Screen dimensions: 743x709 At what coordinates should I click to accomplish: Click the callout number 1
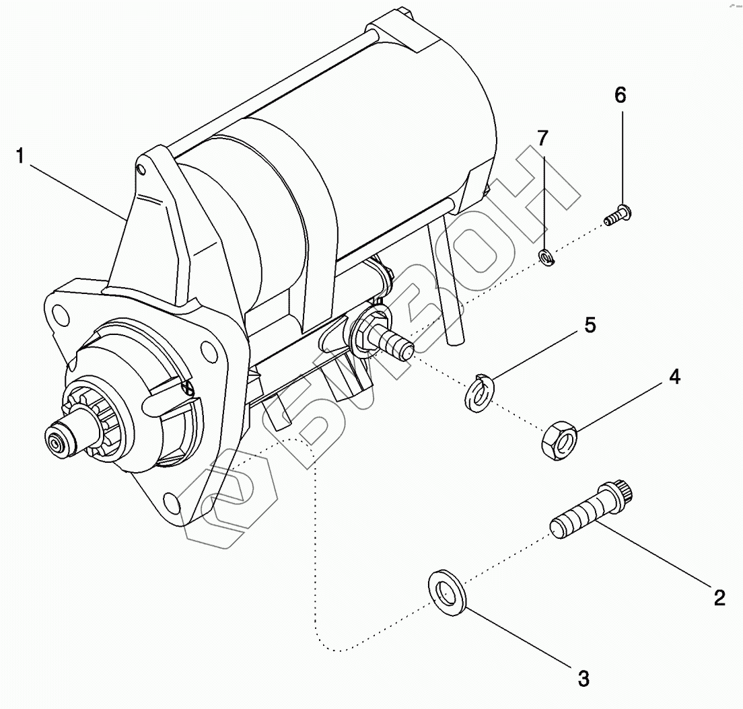point(21,157)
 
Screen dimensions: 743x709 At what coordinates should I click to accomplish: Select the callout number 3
point(583,678)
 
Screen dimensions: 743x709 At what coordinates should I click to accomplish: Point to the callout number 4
point(674,377)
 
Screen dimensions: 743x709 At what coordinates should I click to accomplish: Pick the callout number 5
point(590,326)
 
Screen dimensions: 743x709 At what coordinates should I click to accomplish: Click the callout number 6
point(620,96)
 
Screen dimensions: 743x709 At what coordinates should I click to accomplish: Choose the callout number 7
point(543,139)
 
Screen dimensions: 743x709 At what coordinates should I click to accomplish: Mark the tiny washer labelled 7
point(546,256)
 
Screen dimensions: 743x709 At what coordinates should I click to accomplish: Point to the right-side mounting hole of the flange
point(210,350)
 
